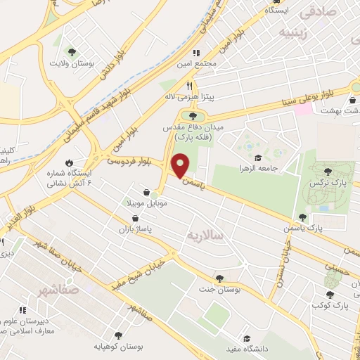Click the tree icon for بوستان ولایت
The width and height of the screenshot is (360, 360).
coord(72,51)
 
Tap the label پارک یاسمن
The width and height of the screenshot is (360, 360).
coord(327,229)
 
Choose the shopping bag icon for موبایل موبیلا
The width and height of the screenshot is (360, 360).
coord(146,192)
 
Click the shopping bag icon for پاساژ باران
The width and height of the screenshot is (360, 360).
coord(134,219)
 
